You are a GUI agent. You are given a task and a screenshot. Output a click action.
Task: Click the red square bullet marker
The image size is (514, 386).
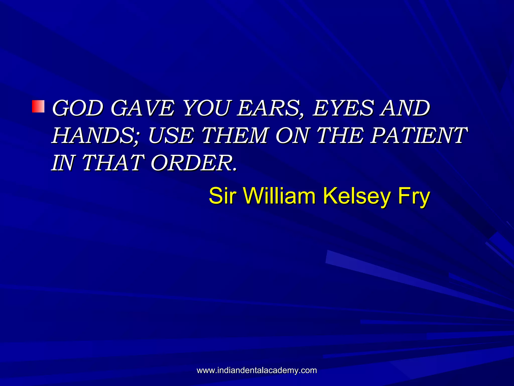38,106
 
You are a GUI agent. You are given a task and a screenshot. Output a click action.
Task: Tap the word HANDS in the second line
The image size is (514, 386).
96,136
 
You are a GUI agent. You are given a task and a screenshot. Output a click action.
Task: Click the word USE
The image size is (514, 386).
171,136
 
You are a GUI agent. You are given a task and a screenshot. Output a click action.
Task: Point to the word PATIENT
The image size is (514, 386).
419,136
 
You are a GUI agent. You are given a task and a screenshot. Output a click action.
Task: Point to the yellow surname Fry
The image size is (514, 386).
414,196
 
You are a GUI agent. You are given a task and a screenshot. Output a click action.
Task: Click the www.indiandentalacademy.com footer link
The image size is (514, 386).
257,370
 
